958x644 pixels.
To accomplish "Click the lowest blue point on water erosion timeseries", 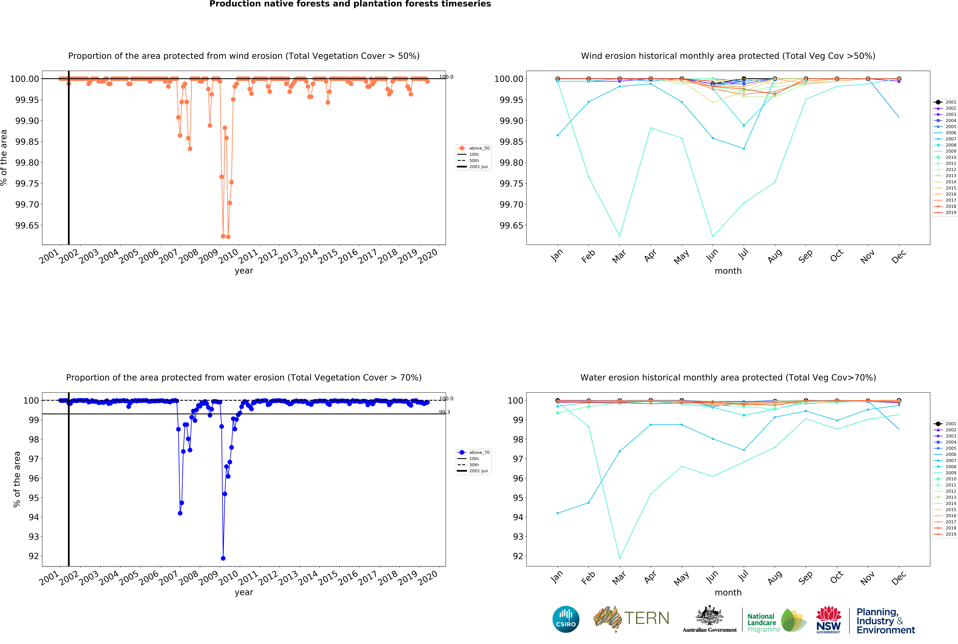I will [223, 558].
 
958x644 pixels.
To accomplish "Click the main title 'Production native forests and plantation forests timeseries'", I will [350, 4].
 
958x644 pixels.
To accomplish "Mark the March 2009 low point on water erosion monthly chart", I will [619, 557].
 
